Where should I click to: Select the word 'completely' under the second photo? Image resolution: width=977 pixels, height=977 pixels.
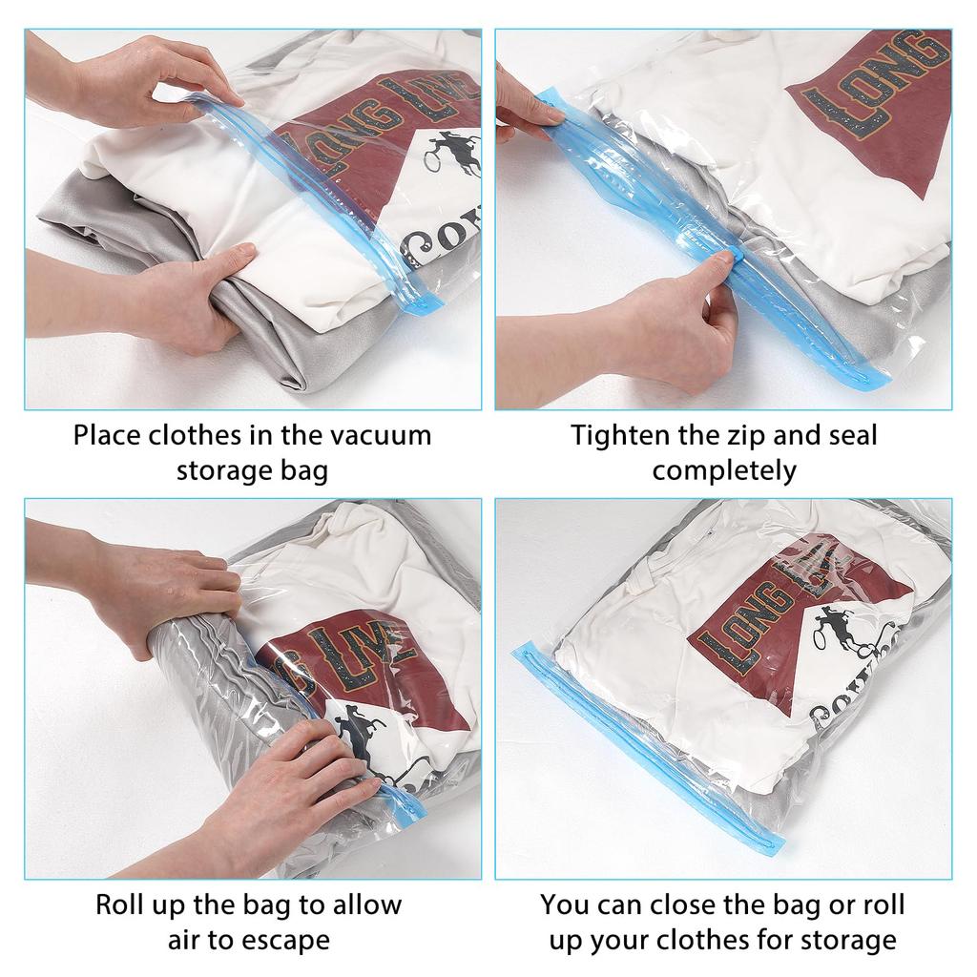coord(724,470)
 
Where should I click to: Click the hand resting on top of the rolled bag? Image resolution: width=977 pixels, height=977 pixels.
coord(172,592)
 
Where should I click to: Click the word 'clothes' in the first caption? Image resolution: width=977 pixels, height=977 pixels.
coord(218,436)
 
